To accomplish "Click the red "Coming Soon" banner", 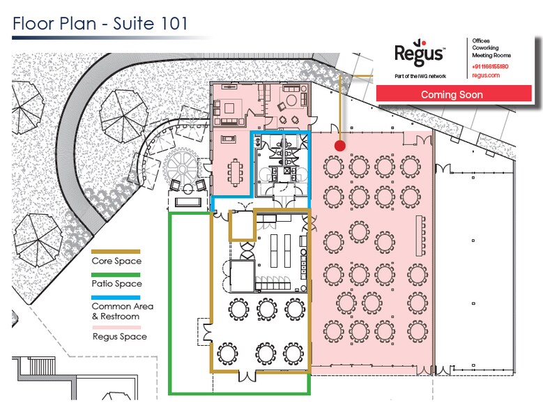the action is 454,94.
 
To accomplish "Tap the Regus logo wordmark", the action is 420,53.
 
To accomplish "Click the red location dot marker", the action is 340,146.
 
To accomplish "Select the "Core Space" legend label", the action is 116,261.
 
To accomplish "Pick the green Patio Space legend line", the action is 116,275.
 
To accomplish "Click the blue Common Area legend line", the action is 116,298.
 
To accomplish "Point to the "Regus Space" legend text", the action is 120,337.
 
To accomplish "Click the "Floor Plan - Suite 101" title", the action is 100,24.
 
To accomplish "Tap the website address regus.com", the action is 486,75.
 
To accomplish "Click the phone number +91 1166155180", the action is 490,66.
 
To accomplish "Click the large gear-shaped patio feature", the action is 181,168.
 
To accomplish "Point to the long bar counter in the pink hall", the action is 420,236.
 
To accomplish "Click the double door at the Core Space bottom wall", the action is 247,376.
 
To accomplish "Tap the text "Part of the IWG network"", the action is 420,76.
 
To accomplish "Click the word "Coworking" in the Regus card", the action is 486,48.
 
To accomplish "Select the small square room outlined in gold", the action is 243,225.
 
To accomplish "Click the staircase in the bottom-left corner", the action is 41,365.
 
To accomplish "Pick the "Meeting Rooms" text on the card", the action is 491,55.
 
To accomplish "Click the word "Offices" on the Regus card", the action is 481,40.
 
